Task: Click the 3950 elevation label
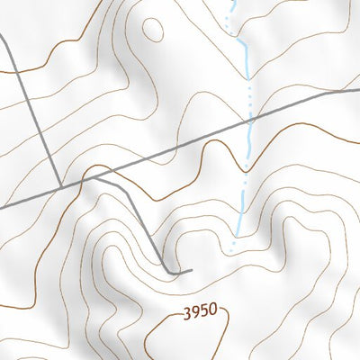point(200,313)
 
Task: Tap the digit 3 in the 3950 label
point(187,314)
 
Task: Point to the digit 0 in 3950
point(213,312)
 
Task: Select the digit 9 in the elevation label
point(195,314)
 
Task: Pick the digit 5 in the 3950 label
point(204,313)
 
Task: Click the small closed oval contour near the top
point(154,29)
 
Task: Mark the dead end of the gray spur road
point(192,269)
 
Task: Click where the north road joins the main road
point(60,187)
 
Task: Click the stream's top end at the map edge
point(231,2)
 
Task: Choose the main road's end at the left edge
point(2,207)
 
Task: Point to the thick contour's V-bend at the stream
point(247,167)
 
